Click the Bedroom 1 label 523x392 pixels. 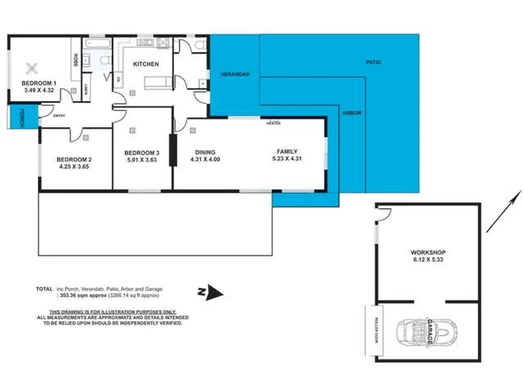coord(38,83)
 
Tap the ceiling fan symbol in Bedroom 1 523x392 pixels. coord(34,69)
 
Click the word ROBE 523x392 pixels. coord(76,60)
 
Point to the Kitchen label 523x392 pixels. coord(145,64)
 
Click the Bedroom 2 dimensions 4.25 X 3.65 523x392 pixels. coord(74,167)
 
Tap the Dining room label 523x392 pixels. coord(204,152)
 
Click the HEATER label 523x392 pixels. coord(273,122)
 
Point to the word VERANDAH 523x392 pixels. coord(234,74)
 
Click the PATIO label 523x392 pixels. coord(373,62)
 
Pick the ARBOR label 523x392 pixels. coord(352,113)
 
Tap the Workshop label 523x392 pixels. coord(428,253)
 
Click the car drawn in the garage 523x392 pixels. coord(422,332)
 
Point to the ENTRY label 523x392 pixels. coord(59,116)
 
